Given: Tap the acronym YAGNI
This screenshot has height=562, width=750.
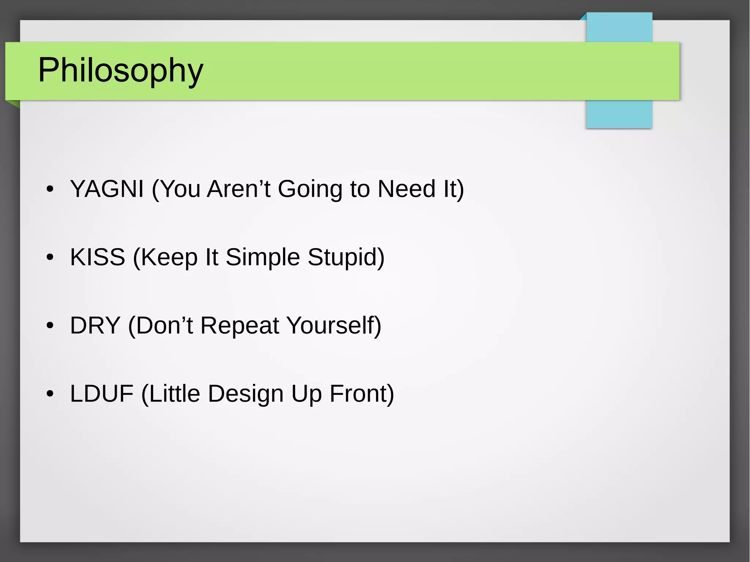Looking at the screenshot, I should click(x=107, y=189).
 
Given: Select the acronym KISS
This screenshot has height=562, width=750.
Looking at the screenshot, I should click(x=97, y=257).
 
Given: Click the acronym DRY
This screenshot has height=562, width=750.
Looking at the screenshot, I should click(x=95, y=325).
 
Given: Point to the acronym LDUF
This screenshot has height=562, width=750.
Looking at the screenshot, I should click(x=101, y=394).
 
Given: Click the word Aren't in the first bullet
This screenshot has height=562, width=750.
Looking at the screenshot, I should click(x=239, y=189).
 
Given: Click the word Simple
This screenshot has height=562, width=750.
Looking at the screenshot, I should click(x=263, y=257).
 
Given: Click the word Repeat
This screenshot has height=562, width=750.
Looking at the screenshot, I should click(x=240, y=325).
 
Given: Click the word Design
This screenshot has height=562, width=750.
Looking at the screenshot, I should click(x=246, y=394).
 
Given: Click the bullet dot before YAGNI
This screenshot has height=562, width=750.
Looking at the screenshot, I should click(x=50, y=189).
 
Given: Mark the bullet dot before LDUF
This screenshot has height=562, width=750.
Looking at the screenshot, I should click(x=50, y=394).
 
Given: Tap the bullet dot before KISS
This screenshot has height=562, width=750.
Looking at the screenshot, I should click(x=50, y=257).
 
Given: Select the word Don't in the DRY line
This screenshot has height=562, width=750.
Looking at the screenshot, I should click(x=164, y=325).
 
